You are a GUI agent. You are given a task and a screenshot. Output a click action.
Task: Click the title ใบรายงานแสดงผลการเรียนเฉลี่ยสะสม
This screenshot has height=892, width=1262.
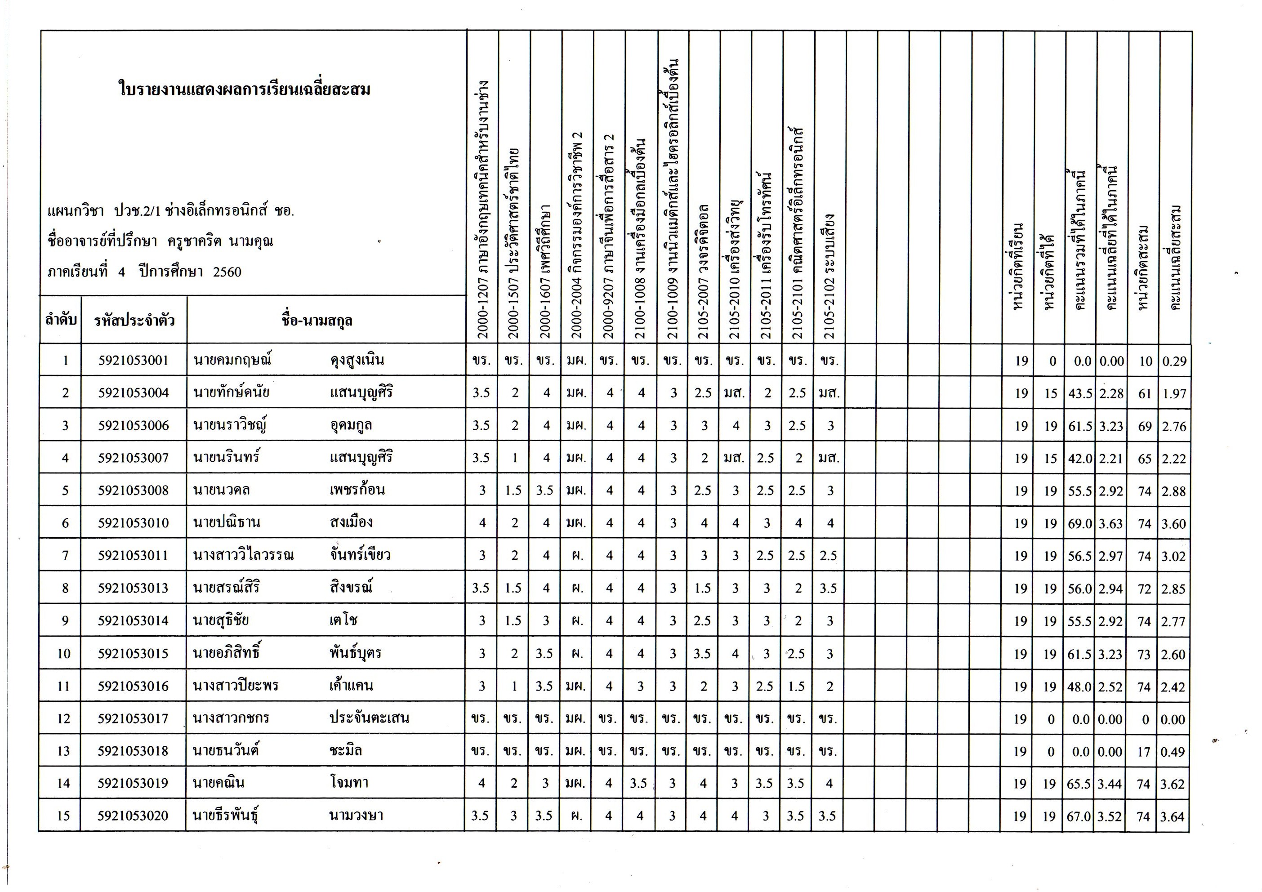pos(245,89)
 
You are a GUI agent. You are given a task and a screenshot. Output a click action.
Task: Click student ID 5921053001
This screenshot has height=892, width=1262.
pos(134,361)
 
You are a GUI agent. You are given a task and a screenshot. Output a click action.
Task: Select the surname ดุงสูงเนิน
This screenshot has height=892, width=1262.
pos(357,361)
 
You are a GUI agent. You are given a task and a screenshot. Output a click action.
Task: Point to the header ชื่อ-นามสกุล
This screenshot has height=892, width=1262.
pos(317,321)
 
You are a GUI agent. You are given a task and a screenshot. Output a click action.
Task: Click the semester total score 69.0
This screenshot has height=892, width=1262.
pos(1080,524)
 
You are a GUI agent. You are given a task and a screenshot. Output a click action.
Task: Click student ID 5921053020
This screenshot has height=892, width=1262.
pos(133,816)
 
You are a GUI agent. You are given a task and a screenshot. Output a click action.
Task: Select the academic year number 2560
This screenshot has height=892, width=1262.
pos(227,272)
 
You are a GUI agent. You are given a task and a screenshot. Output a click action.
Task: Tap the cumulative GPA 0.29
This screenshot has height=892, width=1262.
pos(1174,361)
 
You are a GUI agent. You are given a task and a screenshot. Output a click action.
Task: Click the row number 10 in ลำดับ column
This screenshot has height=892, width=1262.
pos(64,653)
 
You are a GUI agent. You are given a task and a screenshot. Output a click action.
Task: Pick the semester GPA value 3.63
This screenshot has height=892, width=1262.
pos(1111,524)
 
